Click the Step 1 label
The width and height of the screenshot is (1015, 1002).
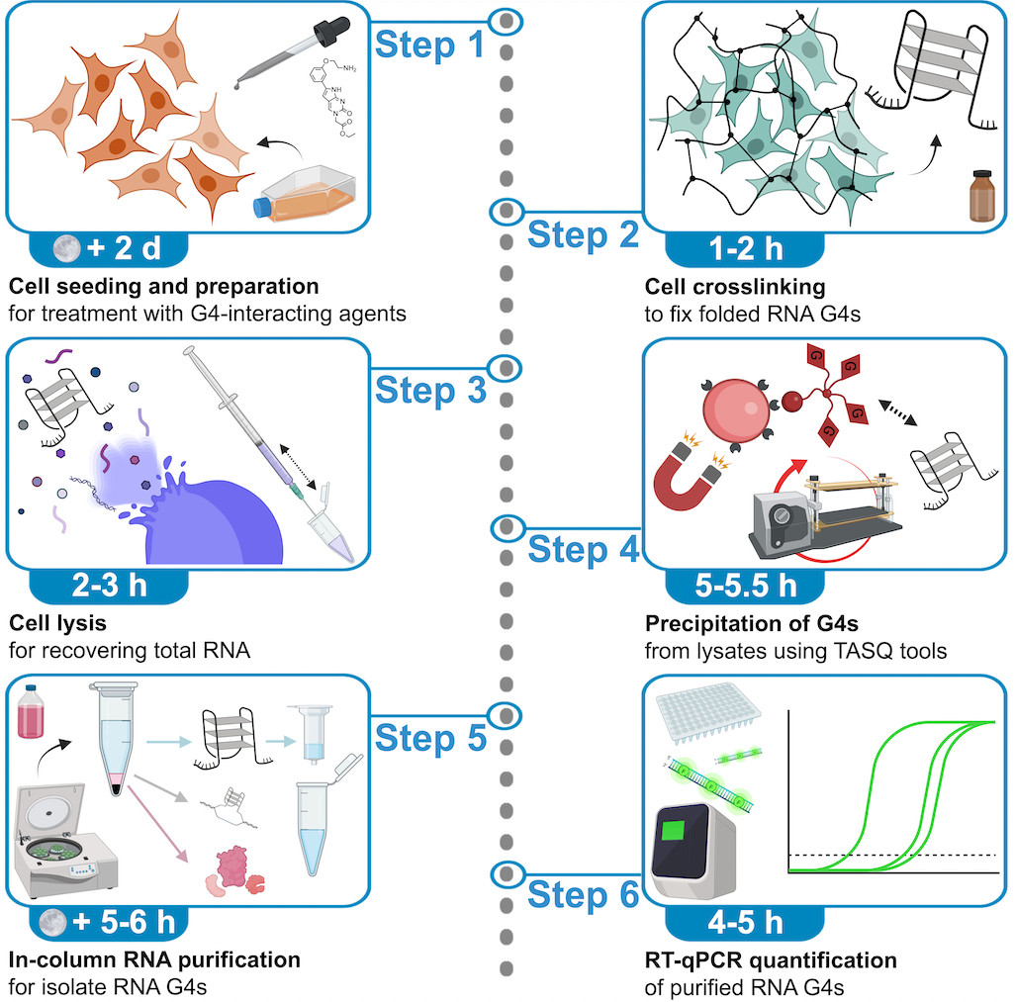click(x=428, y=44)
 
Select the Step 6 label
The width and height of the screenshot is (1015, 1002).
click(x=583, y=895)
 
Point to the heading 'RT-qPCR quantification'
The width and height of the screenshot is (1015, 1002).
click(x=771, y=960)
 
